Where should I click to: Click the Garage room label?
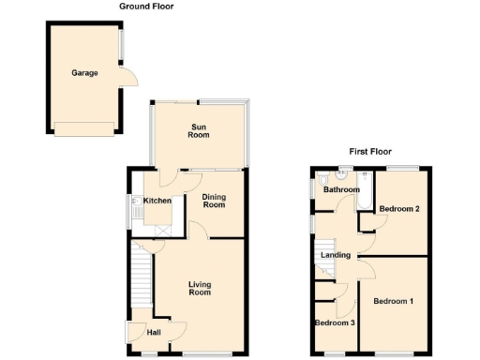(85, 72)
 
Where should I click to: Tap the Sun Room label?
(199, 131)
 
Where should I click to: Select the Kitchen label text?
(157, 201)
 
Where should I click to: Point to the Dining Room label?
(215, 200)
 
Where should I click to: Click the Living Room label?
(199, 289)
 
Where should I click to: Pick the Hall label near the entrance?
(154, 333)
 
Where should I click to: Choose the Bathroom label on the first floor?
(340, 190)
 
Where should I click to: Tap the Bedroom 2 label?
(399, 208)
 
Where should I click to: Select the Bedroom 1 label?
(394, 301)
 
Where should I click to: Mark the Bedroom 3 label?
(335, 323)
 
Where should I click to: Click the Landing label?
(336, 255)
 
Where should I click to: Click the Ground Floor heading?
(146, 7)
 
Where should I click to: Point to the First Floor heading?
(370, 151)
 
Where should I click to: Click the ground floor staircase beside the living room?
(142, 277)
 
